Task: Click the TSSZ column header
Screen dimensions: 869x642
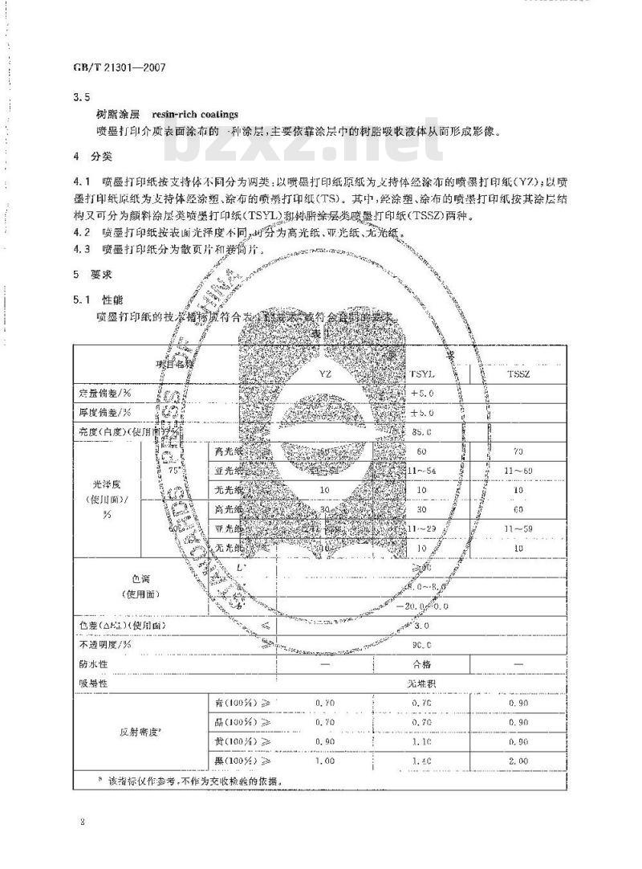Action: point(519,374)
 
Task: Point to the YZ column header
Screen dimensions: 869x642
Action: point(324,374)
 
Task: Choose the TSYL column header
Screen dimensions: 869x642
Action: point(422,374)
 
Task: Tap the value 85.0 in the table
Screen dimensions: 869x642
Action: point(422,431)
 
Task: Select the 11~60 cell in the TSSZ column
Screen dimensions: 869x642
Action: point(519,470)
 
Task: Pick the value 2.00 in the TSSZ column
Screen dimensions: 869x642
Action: point(519,761)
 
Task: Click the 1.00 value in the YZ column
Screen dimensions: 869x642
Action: point(324,761)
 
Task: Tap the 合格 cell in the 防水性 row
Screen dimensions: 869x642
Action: point(422,664)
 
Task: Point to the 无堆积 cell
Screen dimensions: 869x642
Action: point(422,683)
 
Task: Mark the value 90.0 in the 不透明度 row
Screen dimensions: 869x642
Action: point(422,645)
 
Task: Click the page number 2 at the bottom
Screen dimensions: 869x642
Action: point(83,821)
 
